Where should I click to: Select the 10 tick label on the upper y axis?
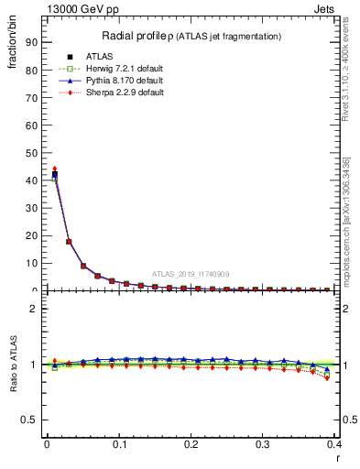(31, 263)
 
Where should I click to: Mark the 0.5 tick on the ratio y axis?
(29, 420)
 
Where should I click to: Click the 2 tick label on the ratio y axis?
(34, 309)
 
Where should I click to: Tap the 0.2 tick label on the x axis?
(191, 446)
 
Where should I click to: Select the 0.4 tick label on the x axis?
(333, 446)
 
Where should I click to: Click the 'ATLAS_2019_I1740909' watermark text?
(191, 273)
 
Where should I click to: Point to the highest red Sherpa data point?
(54, 169)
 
